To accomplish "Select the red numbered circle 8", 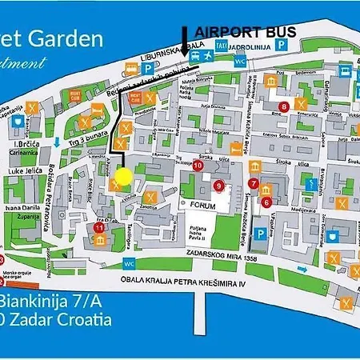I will (x=282, y=106).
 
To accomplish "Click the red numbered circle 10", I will (x=198, y=166).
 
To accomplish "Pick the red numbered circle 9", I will (x=218, y=186).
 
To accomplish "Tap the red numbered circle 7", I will (x=254, y=183).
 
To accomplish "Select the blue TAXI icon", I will (x=218, y=46).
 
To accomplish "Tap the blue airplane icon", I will (x=194, y=46).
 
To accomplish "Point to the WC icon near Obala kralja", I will (x=130, y=262).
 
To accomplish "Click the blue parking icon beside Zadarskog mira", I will (x=259, y=234).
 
